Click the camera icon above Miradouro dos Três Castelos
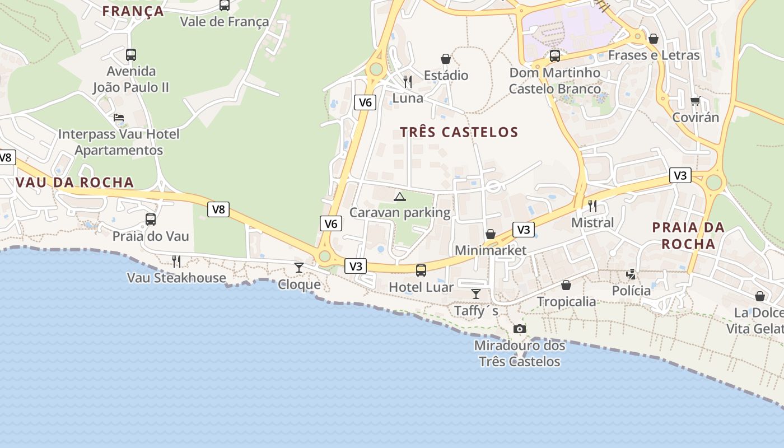coord(520,329)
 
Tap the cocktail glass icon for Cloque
coord(299,268)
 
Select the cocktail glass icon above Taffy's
coord(476,293)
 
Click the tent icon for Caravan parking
coord(399,196)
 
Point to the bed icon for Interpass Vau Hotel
coord(119,118)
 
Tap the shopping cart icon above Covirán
coord(695,101)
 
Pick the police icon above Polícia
coord(631,274)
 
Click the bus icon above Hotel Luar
coord(421,270)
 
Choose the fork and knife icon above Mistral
coord(592,206)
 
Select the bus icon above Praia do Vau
coord(151,220)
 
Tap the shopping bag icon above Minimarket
coord(491,234)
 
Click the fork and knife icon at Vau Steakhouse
coord(176,261)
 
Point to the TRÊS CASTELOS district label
coord(459,132)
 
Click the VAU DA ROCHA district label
coord(75,182)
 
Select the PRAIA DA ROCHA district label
coord(688,235)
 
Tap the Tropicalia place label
coord(567,302)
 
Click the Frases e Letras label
coord(654,55)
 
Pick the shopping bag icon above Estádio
coord(446,58)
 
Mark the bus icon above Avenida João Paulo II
coord(131,55)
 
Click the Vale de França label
coord(225,22)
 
